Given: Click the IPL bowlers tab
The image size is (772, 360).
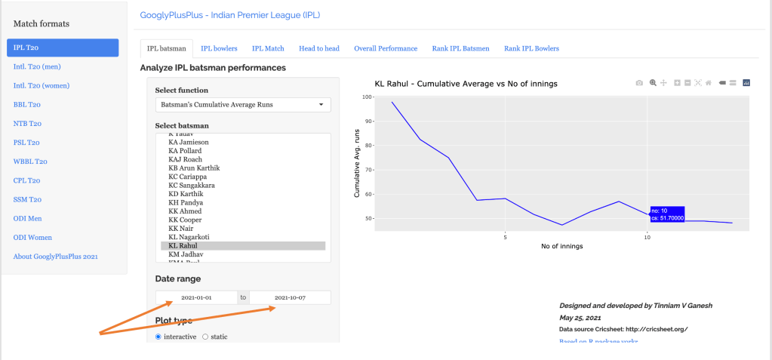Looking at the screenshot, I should [219, 48].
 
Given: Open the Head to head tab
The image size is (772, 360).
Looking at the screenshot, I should [318, 48].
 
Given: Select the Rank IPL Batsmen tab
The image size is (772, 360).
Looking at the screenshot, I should [460, 48].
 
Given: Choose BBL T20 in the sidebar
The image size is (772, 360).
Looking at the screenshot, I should [27, 105].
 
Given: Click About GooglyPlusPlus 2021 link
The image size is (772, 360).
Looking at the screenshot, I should [56, 257].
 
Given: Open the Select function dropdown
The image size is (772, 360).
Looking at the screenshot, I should [243, 105].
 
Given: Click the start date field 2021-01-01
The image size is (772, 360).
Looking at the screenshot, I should [196, 298].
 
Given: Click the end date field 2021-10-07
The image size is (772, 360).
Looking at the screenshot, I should [290, 298].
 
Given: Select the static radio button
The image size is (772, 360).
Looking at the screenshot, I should [206, 337].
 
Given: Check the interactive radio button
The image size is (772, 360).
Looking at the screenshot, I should [158, 337].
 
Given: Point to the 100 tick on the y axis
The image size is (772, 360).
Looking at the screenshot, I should [367, 97].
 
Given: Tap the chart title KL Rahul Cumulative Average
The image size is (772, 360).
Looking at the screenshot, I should [466, 83].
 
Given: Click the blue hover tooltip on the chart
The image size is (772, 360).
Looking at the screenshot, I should [666, 214].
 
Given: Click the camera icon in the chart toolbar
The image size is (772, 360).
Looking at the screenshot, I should [639, 83].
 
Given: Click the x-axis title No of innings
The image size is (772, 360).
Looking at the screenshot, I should [564, 247].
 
